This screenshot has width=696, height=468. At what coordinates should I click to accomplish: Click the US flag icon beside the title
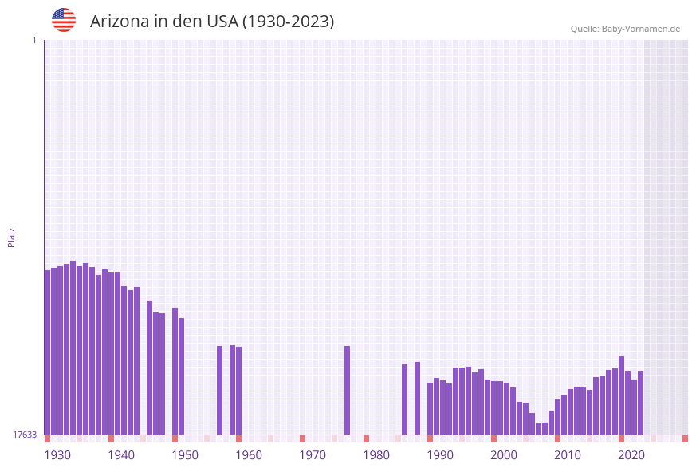pos(64,20)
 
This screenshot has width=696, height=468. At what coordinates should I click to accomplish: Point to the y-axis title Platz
pos(12,237)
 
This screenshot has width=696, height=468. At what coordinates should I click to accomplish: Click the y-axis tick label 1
pos(33,40)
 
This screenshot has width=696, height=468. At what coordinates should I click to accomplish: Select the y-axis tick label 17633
pos(25,435)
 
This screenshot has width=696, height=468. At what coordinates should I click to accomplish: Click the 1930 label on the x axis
pos(57,455)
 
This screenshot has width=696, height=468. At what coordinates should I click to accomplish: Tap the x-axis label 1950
pos(185,455)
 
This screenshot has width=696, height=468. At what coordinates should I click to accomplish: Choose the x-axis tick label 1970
pos(313,455)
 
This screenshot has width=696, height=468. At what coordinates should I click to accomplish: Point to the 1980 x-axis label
pos(376,455)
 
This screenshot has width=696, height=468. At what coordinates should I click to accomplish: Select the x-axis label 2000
pos(504,455)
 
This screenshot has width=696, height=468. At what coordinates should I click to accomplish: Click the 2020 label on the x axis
pos(631,455)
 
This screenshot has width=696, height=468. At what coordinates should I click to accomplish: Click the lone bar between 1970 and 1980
pos(348,390)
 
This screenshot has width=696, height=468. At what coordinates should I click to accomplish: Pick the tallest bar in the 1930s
pos(73,348)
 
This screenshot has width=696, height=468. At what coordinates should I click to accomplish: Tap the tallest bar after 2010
pos(622,395)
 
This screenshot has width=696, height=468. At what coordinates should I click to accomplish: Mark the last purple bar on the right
pos(640,403)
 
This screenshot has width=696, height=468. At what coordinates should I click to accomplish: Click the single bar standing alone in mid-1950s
pos(220,390)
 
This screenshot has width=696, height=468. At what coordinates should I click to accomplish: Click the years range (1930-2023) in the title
pos(288,22)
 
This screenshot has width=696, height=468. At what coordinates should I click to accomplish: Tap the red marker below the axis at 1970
pos(303,439)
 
